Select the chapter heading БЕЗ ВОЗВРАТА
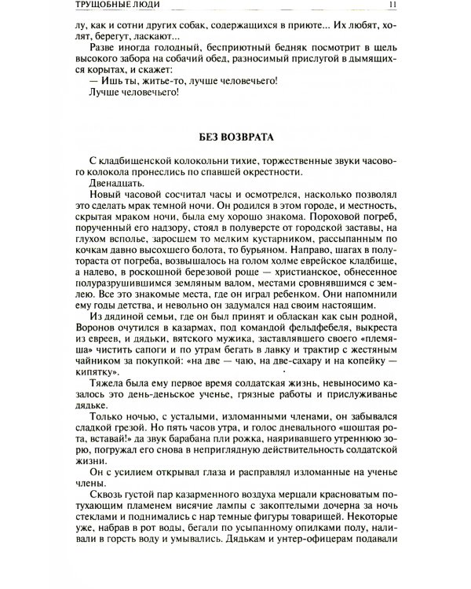(x=235, y=137)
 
